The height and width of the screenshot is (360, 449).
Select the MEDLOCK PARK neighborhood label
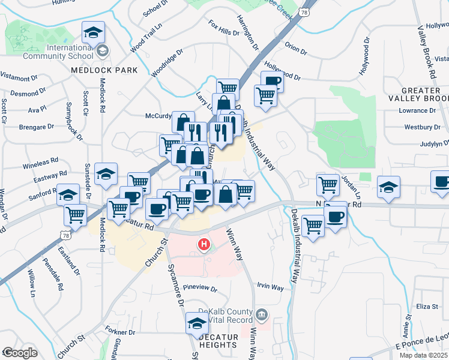pos(104,70)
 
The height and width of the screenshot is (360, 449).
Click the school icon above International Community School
pos(92,32)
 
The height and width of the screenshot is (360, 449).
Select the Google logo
pos(20,353)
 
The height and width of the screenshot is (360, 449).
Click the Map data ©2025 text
pos(423,355)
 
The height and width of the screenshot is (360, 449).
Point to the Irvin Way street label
pos(270,287)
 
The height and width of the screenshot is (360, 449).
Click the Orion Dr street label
pos(295,48)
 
